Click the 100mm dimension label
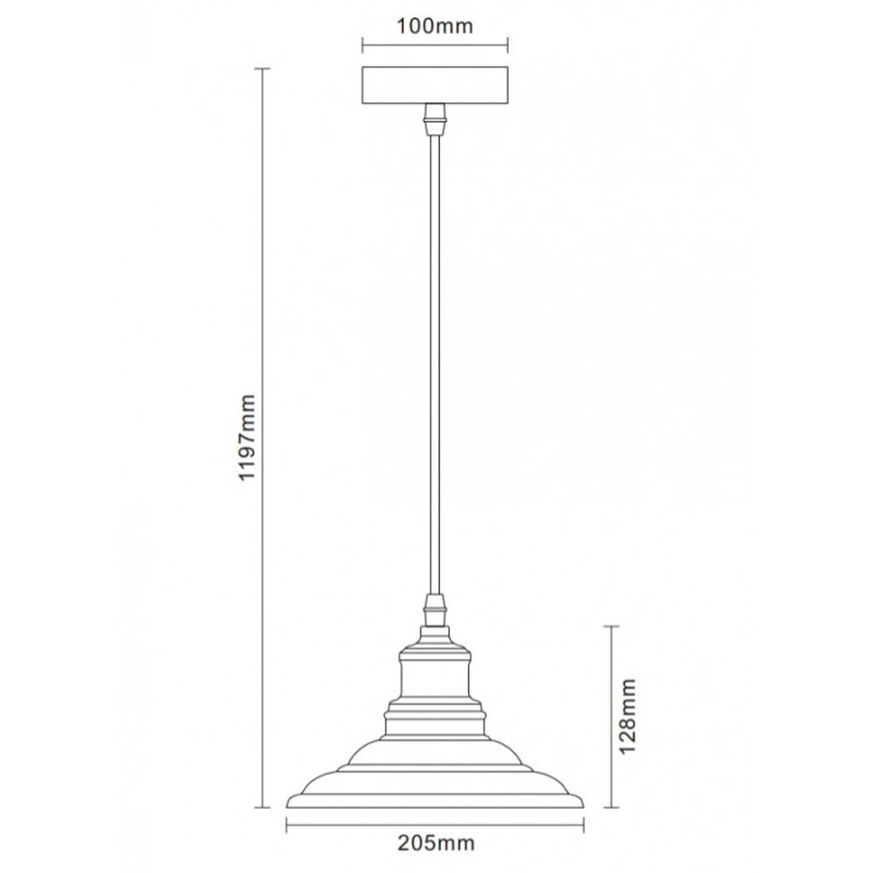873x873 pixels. (x=434, y=26)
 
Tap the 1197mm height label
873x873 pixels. (x=246, y=437)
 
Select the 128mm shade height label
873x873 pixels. (x=628, y=715)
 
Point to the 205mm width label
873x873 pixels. (x=436, y=843)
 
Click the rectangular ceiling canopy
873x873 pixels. (x=435, y=85)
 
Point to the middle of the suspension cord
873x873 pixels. (x=435, y=365)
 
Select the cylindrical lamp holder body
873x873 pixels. (x=436, y=676)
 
